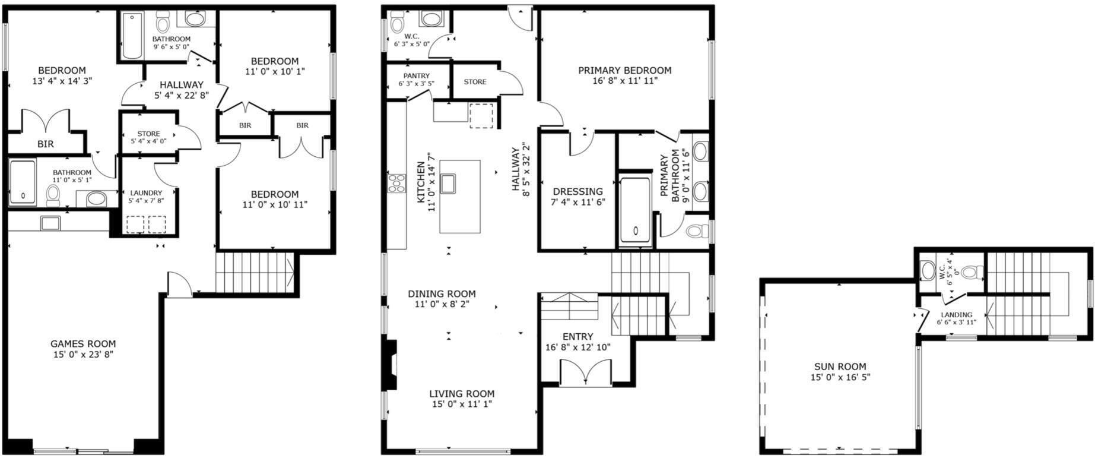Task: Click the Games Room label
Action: pyautogui.click(x=83, y=343)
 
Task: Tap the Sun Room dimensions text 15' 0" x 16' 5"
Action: pyautogui.click(x=840, y=377)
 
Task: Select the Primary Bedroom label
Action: pyautogui.click(x=625, y=70)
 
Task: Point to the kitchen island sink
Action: pyautogui.click(x=448, y=184)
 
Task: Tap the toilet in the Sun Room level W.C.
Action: pyautogui.click(x=969, y=273)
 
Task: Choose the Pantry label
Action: pyautogui.click(x=416, y=76)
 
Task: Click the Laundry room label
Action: pyautogui.click(x=146, y=193)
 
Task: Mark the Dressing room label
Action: pyautogui.click(x=577, y=191)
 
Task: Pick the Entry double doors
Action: pyautogui.click(x=585, y=373)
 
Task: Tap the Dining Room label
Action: pyautogui.click(x=442, y=293)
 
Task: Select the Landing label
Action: pyautogui.click(x=957, y=315)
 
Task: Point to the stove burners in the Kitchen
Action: pyautogui.click(x=396, y=183)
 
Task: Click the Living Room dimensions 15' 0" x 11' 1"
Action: pyautogui.click(x=462, y=404)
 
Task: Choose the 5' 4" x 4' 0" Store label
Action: pyautogui.click(x=148, y=134)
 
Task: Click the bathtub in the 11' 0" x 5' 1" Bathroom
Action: pyautogui.click(x=23, y=182)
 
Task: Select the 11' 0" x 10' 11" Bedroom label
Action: pyautogui.click(x=274, y=194)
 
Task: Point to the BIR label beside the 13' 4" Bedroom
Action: pyautogui.click(x=46, y=144)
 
